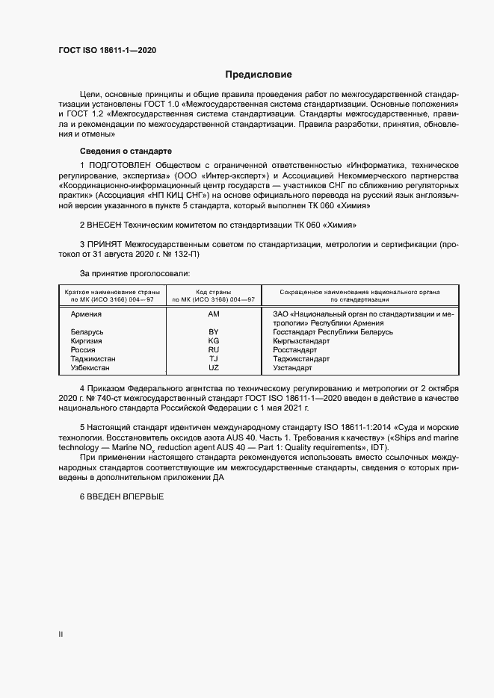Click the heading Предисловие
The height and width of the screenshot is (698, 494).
259,75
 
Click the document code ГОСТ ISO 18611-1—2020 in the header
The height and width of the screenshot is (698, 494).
108,51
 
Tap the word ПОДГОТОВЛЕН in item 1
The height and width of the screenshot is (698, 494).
120,163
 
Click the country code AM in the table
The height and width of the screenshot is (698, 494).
214,314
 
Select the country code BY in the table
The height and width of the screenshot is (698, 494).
214,331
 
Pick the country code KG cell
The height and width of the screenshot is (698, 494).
214,340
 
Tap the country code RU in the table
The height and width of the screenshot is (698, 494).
214,349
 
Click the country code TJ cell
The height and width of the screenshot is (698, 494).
214,358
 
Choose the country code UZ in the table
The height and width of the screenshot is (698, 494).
214,368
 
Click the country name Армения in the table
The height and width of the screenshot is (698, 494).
86,314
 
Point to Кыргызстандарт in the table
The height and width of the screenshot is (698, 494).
303,340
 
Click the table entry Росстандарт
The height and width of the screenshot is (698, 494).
296,349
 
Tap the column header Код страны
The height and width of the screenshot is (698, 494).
214,291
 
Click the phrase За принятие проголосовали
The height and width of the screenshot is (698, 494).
129,274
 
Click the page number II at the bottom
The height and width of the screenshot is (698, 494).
61,634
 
